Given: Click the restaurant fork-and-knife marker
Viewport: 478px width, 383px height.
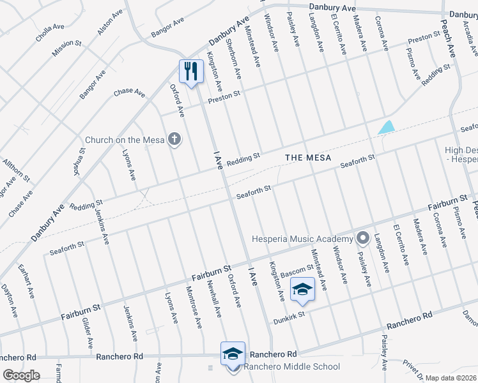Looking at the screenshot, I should click(x=190, y=71).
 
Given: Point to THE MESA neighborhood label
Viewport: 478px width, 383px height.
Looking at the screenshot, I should click(x=308, y=157).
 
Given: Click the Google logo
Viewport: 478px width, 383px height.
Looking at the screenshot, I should click(x=21, y=375).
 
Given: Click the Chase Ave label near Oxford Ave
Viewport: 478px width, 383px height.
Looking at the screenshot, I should click(x=130, y=93).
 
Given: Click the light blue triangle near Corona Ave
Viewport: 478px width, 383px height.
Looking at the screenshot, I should click(x=386, y=128).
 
